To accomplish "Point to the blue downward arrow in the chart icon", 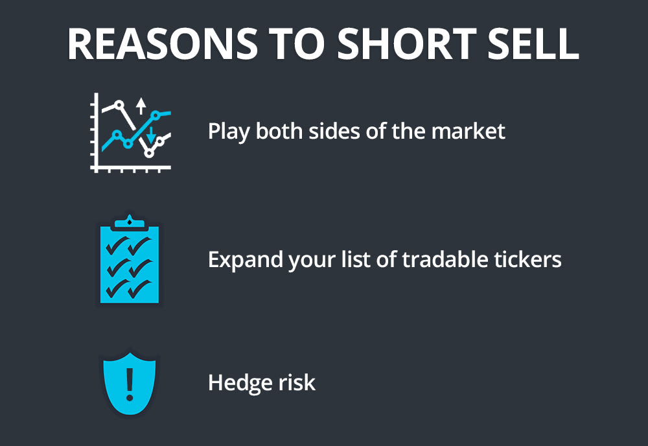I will (x=151, y=135).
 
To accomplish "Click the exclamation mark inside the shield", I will (x=130, y=383).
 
